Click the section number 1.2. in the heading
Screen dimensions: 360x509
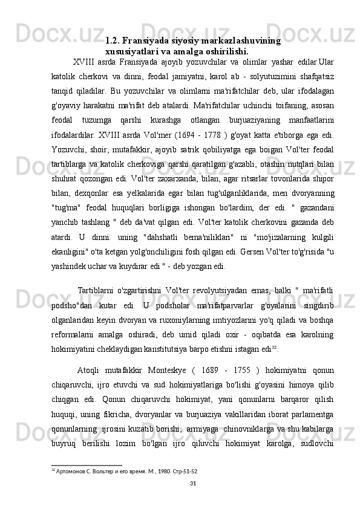click(113, 41)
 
